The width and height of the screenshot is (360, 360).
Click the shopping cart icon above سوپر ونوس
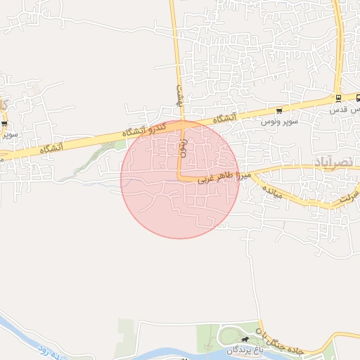[x=280, y=111]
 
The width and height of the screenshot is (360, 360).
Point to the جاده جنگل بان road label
[x=279, y=336]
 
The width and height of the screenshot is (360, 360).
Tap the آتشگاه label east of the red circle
[x=223, y=119]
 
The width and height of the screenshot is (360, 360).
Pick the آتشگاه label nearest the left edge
[x=51, y=148]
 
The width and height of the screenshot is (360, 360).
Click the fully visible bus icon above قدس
[x=338, y=98]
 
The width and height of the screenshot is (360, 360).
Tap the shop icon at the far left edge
[x=5, y=124]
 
